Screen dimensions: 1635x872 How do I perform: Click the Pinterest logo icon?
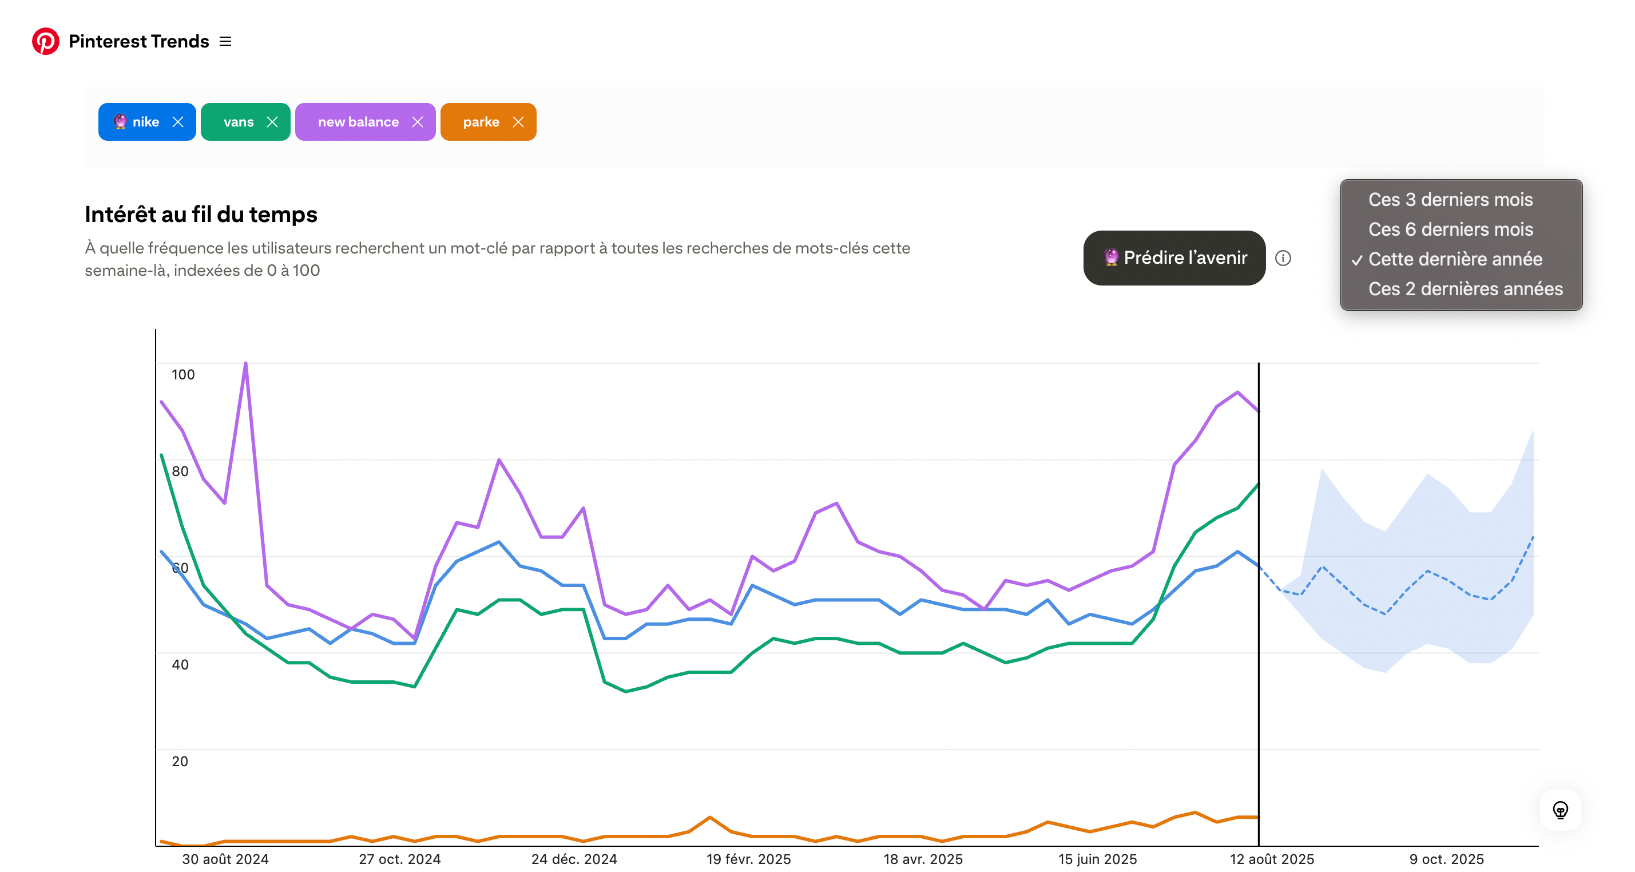pos(46,41)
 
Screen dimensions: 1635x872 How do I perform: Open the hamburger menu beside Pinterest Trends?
pos(225,41)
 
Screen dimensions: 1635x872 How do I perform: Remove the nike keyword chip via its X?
pos(178,122)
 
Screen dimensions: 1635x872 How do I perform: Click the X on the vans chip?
pos(272,122)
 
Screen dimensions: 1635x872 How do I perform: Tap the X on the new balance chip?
pos(418,122)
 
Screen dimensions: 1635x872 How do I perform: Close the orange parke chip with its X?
pos(518,122)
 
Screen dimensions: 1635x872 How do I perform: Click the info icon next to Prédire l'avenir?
pos(1283,258)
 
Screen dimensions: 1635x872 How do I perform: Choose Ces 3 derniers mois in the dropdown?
pos(1450,199)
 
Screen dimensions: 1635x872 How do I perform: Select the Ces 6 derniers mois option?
pos(1450,229)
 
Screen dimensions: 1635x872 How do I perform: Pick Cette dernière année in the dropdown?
pos(1455,259)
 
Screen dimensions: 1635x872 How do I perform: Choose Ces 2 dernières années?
pos(1465,289)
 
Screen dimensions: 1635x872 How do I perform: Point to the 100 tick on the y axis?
pos(183,374)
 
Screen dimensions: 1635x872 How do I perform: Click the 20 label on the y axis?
pos(180,761)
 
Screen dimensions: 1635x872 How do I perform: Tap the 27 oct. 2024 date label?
pos(399,859)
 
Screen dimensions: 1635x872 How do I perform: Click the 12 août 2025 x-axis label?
pos(1271,859)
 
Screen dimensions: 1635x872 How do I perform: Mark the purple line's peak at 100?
pos(245,363)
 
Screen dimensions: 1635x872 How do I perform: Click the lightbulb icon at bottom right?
pos(1560,810)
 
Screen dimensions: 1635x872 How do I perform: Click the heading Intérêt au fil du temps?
pos(201,215)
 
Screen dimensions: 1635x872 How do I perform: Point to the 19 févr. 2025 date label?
pos(748,859)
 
